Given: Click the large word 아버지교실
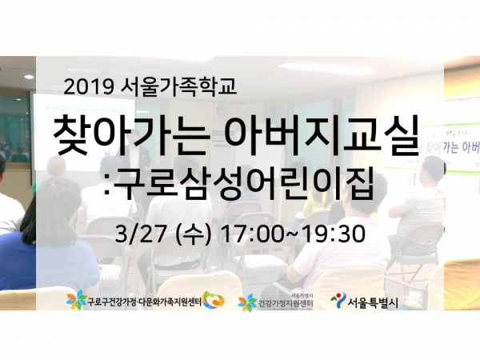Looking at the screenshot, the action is click(322, 138).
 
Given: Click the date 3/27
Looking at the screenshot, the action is click(139, 235).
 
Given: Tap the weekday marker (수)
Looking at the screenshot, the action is click(192, 235).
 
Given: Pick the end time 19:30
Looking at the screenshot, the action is click(334, 235).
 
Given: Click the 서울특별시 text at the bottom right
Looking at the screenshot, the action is click(373, 303).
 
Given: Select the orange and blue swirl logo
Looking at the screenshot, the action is click(214, 302).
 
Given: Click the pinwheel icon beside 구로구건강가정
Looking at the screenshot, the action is click(76, 302).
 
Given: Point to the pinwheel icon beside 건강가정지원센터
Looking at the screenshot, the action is click(248, 302).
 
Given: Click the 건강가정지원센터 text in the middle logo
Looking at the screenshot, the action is click(286, 304).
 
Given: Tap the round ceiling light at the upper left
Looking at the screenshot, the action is click(29, 76).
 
